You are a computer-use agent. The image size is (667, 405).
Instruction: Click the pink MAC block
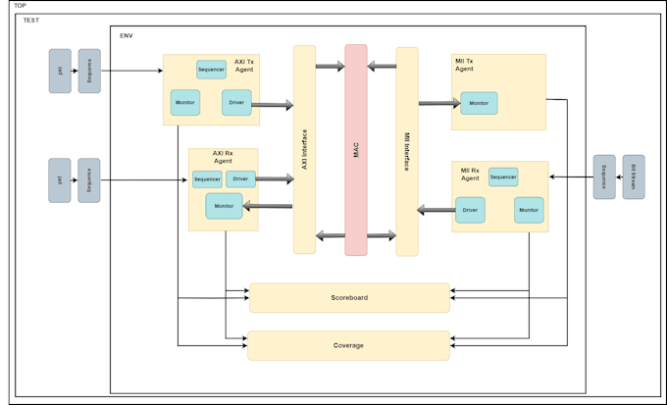(x=355, y=149)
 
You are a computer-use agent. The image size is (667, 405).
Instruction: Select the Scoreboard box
(x=349, y=297)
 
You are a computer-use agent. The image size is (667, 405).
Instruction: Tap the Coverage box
(x=348, y=345)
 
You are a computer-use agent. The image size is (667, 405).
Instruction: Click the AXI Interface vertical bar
(x=304, y=149)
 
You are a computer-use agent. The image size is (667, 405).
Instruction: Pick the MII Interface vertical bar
(x=407, y=151)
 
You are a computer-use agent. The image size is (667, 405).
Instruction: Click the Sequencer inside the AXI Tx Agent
(x=211, y=69)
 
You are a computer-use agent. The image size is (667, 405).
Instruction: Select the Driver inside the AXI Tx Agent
(x=236, y=102)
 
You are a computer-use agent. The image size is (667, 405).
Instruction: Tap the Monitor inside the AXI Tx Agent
(x=184, y=102)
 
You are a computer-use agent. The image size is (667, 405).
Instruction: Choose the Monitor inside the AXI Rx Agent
(x=224, y=206)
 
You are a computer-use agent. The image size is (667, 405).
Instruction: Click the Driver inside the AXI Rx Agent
(x=240, y=178)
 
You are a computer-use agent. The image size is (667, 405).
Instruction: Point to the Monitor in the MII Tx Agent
(x=479, y=103)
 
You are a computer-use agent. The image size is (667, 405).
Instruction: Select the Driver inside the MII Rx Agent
(x=470, y=210)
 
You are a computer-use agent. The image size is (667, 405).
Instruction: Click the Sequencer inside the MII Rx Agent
(x=503, y=177)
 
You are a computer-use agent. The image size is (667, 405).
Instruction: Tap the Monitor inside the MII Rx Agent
(x=529, y=210)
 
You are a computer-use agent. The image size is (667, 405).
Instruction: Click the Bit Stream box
(x=634, y=177)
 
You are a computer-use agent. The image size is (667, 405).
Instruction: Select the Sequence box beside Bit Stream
(x=604, y=177)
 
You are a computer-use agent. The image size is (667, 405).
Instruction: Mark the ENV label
(x=127, y=35)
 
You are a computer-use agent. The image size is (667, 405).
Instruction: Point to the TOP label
(x=20, y=6)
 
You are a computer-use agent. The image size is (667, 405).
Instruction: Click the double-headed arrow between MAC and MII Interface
(x=382, y=235)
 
